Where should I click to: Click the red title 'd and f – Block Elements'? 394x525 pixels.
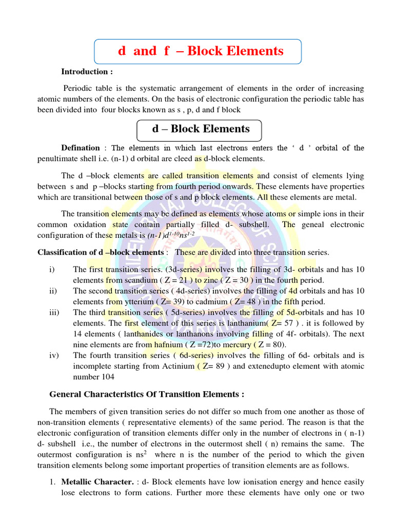(x=201, y=51)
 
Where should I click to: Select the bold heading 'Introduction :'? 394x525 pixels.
(x=87, y=72)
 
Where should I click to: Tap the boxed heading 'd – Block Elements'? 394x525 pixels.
(x=201, y=129)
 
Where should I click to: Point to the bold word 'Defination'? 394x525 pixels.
(x=81, y=148)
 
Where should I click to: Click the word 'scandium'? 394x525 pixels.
(x=139, y=280)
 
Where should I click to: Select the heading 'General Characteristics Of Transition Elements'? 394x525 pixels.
(x=146, y=394)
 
